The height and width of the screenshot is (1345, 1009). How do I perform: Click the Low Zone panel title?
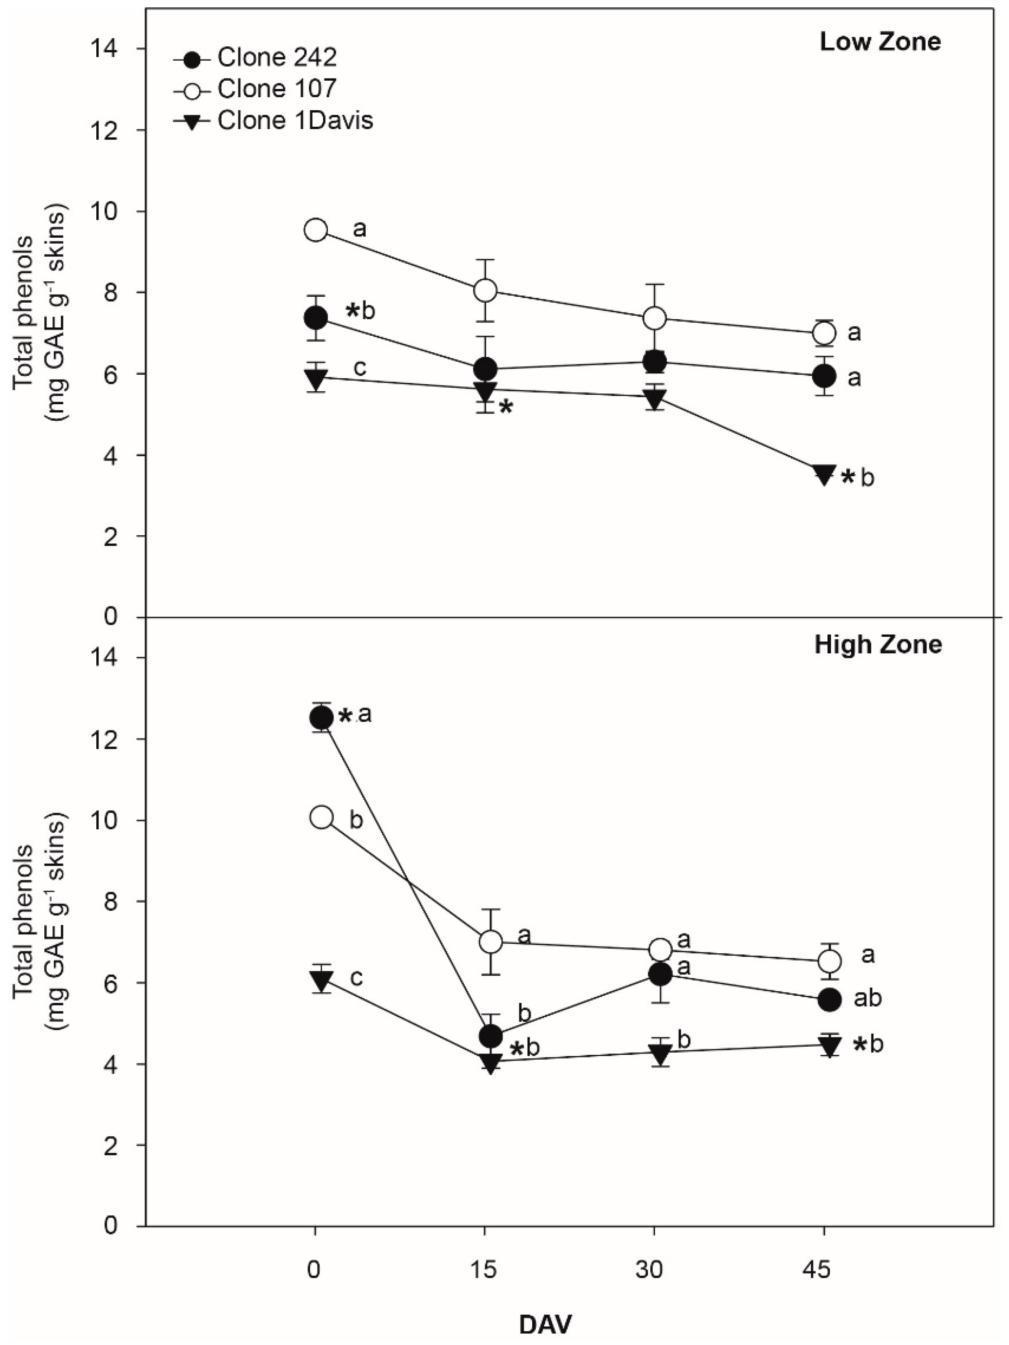(x=880, y=42)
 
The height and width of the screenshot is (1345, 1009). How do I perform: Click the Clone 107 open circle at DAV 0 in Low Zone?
(x=315, y=230)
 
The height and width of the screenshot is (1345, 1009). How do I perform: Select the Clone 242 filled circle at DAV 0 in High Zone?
(x=321, y=717)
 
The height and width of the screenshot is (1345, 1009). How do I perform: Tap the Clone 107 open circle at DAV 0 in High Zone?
(x=321, y=818)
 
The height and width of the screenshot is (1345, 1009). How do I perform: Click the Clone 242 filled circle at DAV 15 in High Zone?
(x=491, y=1035)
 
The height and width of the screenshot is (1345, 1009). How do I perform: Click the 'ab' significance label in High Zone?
(x=867, y=998)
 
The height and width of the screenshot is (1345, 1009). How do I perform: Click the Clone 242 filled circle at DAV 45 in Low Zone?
(x=824, y=376)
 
